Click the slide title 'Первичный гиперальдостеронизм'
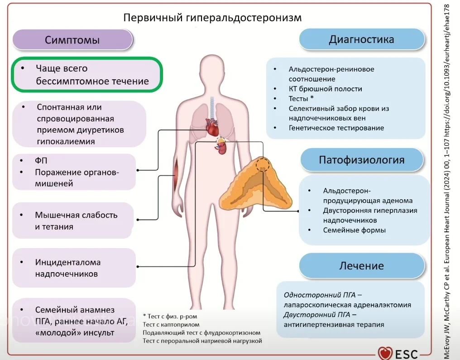point(212,18)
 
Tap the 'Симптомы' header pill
point(72,40)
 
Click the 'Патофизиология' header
point(361,159)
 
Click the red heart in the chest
point(212,127)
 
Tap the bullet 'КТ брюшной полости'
point(325,89)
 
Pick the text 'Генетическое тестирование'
point(336,128)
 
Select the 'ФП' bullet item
point(41,161)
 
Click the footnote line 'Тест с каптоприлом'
point(171,324)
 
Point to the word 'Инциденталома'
point(68,262)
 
